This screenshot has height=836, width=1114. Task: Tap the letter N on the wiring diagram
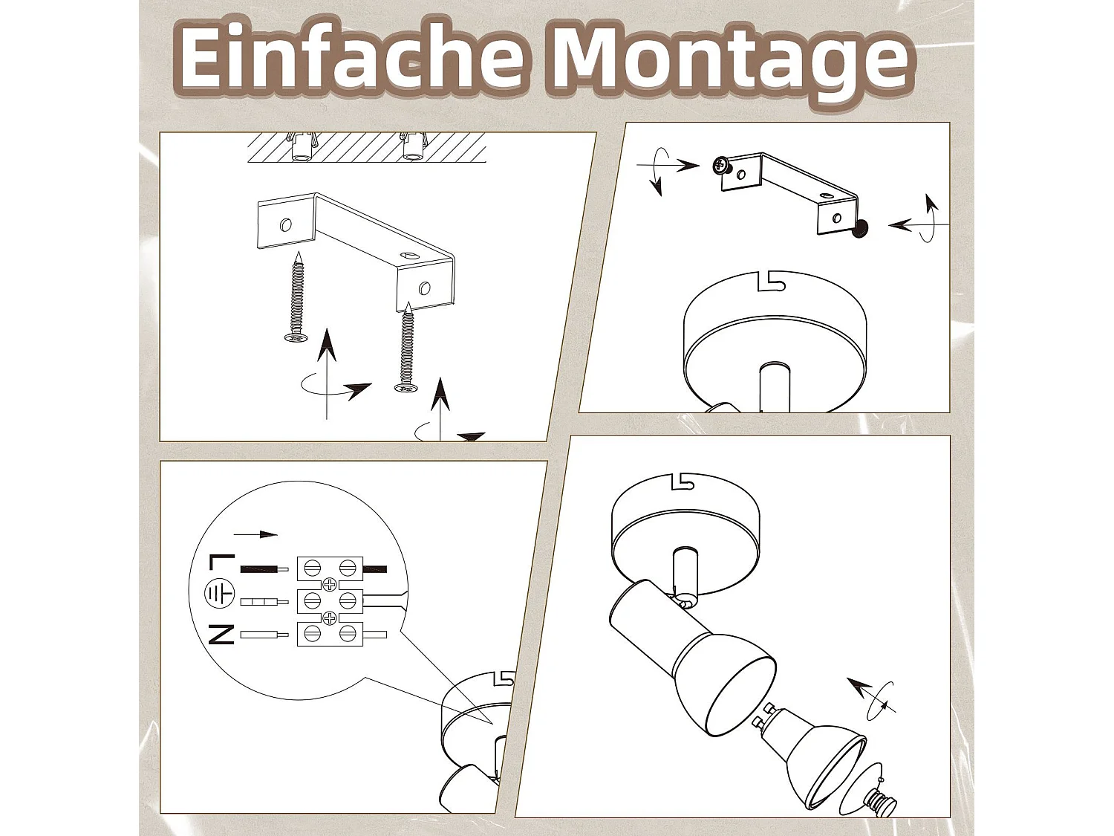click(221, 635)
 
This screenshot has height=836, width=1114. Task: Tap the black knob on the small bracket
click(860, 230)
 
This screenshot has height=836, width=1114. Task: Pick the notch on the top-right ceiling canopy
click(772, 281)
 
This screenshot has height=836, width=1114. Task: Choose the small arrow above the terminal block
click(255, 534)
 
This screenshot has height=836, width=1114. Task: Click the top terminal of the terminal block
click(330, 568)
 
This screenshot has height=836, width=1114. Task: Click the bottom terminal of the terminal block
click(330, 633)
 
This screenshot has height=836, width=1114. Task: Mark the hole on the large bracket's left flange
click(286, 224)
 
